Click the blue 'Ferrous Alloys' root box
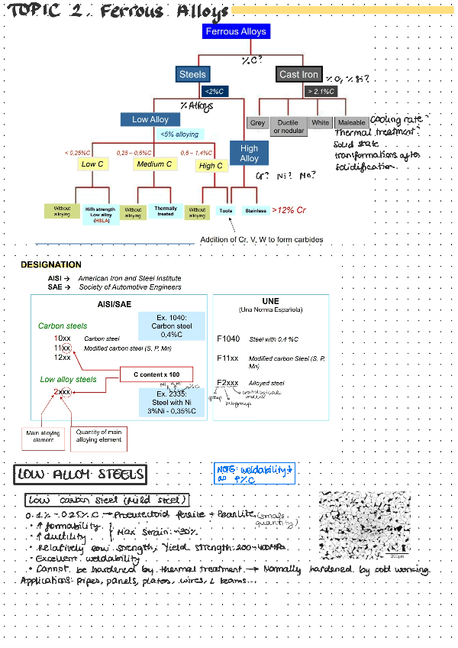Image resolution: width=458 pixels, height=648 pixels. pyautogui.click(x=236, y=31)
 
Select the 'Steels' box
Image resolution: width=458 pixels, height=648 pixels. pyautogui.click(x=192, y=74)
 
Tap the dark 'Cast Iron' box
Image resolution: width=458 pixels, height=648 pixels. pyautogui.click(x=298, y=74)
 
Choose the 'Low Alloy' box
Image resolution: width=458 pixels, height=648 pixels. pyautogui.click(x=150, y=119)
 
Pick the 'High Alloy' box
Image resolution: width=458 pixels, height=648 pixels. pyautogui.click(x=249, y=153)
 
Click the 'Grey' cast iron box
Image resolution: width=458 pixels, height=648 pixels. pyautogui.click(x=257, y=123)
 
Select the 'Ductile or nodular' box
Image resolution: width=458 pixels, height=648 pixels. pyautogui.click(x=288, y=126)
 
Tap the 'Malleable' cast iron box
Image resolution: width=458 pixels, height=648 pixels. pyautogui.click(x=351, y=123)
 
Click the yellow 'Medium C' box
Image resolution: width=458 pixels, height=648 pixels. pyautogui.click(x=154, y=164)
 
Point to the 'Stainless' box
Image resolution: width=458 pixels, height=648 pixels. pyautogui.click(x=254, y=210)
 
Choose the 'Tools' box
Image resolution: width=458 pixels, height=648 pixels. pyautogui.click(x=225, y=210)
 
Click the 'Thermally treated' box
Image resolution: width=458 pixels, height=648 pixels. pyautogui.click(x=165, y=210)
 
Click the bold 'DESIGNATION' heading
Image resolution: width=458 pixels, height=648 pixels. pyautogui.click(x=51, y=264)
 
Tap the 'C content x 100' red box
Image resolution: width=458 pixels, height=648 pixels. pyautogui.click(x=151, y=374)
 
